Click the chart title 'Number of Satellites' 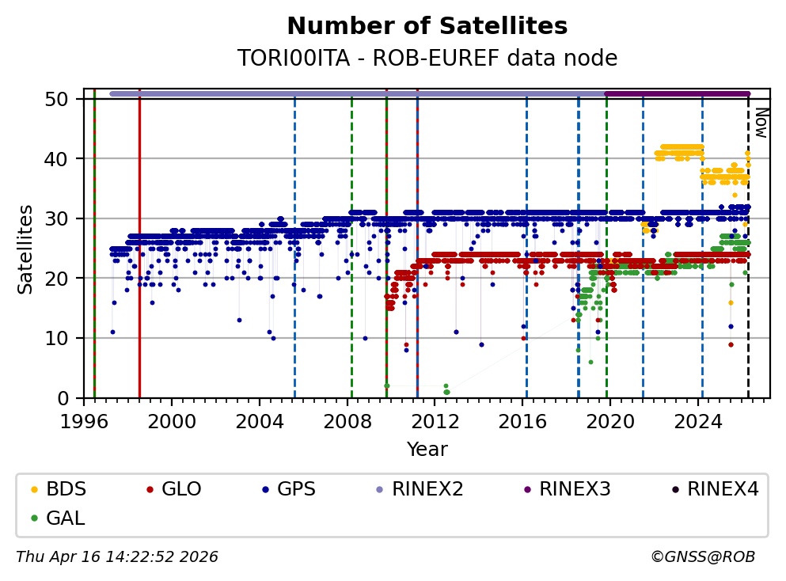coord(427,26)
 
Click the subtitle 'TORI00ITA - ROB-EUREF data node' coord(427,58)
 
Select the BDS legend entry coord(59,489)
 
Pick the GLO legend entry coord(173,489)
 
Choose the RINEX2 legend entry coord(417,489)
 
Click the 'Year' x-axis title coord(427,450)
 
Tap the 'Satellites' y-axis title coord(26,249)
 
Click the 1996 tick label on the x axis coord(84,421)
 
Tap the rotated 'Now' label coord(760,123)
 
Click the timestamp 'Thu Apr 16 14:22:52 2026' coord(117,557)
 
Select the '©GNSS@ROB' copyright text coord(702,557)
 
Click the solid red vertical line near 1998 coord(139,237)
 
